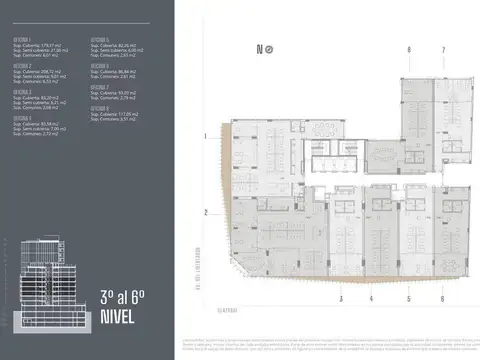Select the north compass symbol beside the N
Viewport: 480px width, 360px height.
pos(270,49)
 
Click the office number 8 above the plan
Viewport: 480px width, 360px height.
pos(408,49)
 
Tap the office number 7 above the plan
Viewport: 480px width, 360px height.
pos(443,49)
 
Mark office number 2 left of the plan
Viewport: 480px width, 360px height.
pos(204,212)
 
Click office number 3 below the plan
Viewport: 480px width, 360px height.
pos(341,298)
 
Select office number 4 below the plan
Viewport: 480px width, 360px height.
pos(376,298)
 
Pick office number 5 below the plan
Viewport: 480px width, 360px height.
pos(409,298)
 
